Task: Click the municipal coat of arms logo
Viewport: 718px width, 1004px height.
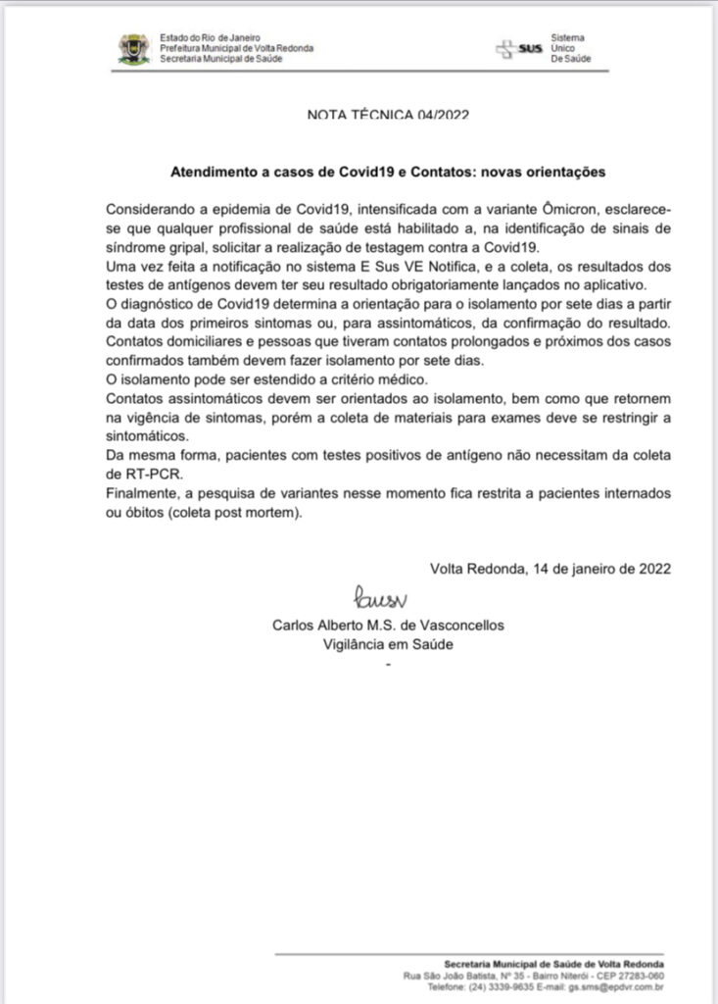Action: pos(134,49)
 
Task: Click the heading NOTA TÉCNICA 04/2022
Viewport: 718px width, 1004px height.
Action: pos(387,114)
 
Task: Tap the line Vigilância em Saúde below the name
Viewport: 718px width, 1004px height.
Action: pos(389,644)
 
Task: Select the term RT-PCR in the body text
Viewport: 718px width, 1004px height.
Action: pos(131,475)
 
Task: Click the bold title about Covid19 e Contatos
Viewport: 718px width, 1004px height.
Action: pos(388,171)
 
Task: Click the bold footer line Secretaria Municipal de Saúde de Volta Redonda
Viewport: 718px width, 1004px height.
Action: pos(553,964)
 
